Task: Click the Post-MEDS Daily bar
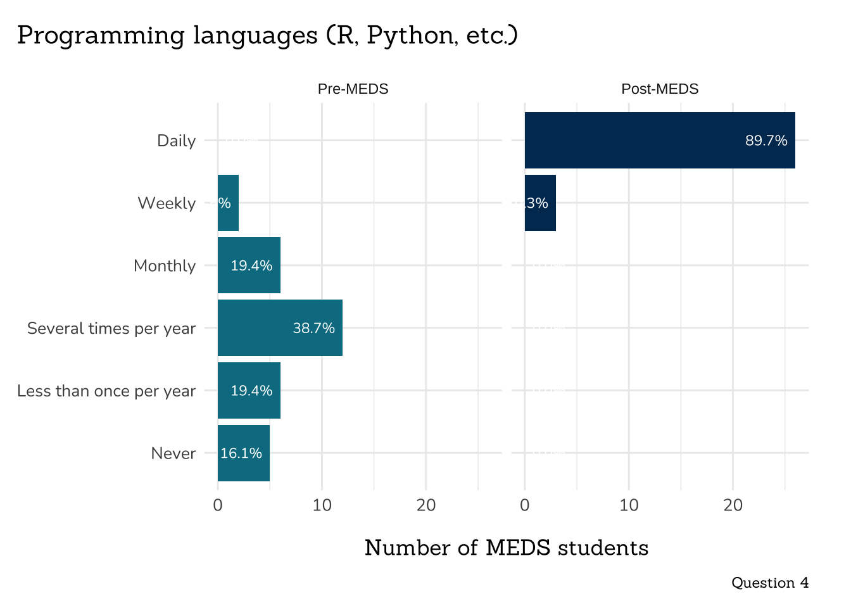point(660,140)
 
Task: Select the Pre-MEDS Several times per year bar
point(280,328)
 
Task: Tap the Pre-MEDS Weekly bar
point(228,203)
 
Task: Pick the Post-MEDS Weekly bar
point(540,203)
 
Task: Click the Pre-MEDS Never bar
point(244,453)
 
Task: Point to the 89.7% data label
point(766,141)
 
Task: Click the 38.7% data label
point(313,328)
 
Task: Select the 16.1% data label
point(241,453)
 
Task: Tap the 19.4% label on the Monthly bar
point(251,266)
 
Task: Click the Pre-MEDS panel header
point(353,89)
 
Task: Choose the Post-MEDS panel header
point(660,89)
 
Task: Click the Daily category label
point(176,141)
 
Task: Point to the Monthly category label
point(165,266)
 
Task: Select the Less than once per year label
point(106,391)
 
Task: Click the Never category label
point(173,453)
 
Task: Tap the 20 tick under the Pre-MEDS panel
point(426,505)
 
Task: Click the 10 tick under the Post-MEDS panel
point(629,505)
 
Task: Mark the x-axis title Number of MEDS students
point(507,548)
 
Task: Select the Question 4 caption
point(770,583)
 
